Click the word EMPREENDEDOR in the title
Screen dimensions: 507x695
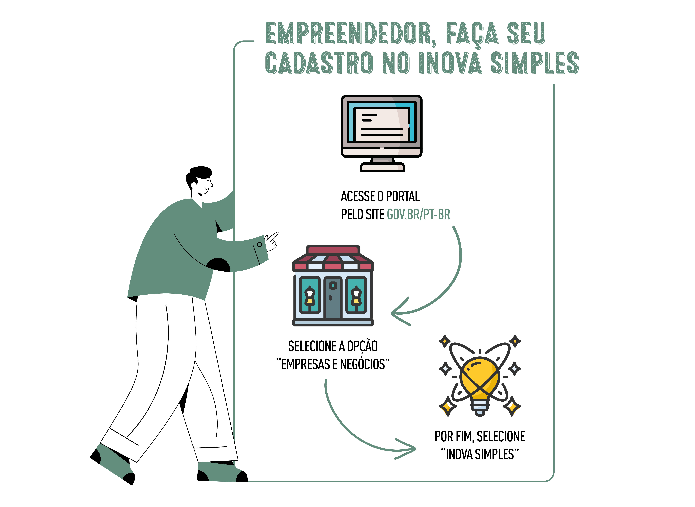348,33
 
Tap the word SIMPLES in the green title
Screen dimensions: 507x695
534,63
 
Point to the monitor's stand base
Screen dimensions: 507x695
382,167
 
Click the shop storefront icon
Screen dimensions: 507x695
333,285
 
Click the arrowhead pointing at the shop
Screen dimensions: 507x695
398,313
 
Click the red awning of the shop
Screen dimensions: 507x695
333,259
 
